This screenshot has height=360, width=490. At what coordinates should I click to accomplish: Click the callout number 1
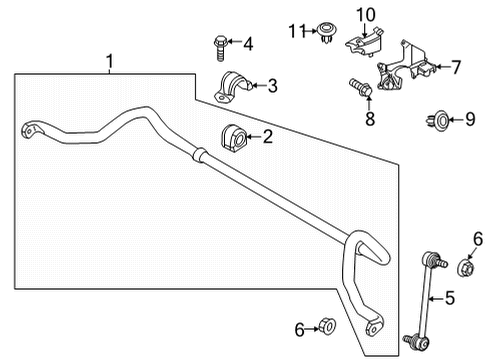click(110, 62)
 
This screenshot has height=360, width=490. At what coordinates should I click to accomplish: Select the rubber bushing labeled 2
click(234, 138)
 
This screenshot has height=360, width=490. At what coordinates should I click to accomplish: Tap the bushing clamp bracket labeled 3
click(232, 88)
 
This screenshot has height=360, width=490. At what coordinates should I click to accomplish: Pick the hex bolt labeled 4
click(220, 48)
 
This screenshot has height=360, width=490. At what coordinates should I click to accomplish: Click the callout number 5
click(450, 298)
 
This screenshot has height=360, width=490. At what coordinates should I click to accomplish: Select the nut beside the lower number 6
click(327, 326)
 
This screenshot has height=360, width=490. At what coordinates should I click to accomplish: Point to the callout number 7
click(456, 67)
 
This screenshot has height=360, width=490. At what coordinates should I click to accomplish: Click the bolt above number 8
click(361, 87)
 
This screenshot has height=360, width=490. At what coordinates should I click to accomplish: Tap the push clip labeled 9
click(438, 120)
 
